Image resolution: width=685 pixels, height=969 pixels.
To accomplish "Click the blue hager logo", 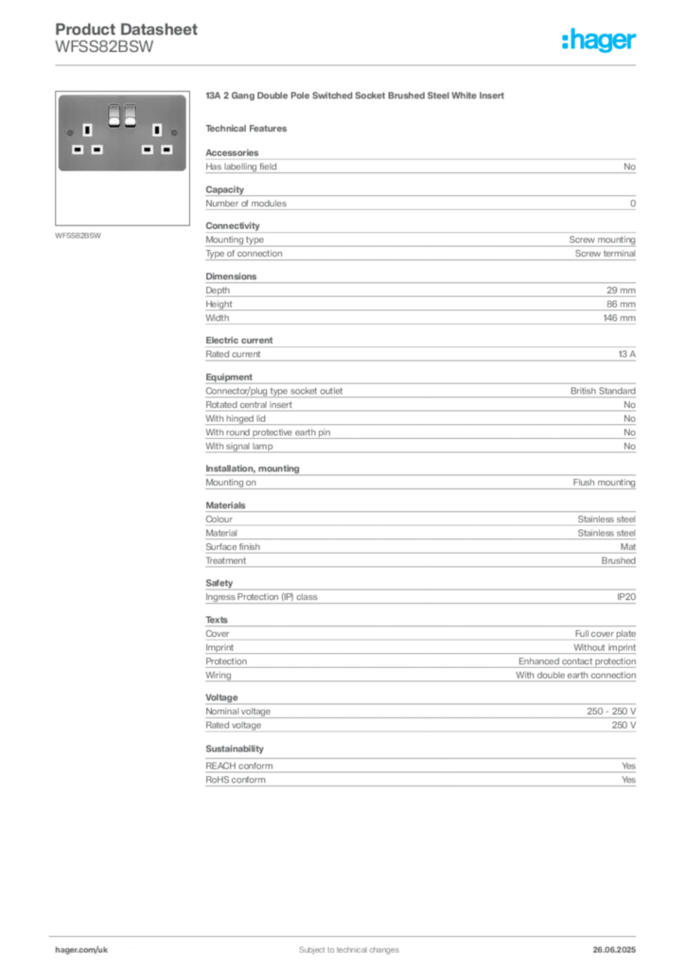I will tap(600, 41).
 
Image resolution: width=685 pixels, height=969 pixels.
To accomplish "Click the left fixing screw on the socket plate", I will tap(70, 133).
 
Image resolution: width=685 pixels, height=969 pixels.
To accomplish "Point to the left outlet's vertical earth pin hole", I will tap(88, 131).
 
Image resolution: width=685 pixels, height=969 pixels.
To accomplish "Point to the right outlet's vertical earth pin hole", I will tap(157, 131).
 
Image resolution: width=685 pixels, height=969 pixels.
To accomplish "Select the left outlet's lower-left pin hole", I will tap(79, 149).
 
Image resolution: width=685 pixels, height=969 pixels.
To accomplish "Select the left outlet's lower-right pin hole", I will tap(97, 149).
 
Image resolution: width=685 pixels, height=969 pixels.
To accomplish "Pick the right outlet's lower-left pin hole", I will tap(148, 149).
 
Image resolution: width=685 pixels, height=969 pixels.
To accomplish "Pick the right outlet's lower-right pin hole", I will tap(166, 149).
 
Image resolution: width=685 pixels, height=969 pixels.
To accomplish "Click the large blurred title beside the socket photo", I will tap(356, 97).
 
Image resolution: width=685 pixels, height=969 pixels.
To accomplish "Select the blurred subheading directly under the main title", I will tap(251, 128).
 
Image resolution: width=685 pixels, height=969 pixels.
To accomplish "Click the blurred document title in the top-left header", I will tap(128, 29).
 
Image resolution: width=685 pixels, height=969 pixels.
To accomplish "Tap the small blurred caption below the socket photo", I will tap(79, 235).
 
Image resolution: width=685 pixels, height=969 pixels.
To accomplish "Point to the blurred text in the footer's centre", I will tap(341, 944).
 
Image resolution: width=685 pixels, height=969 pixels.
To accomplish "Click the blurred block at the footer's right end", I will tap(617, 944).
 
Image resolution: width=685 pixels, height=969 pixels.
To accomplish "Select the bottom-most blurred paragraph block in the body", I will tap(419, 770).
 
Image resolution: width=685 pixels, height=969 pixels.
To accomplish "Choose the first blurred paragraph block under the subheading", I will tap(419, 166).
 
